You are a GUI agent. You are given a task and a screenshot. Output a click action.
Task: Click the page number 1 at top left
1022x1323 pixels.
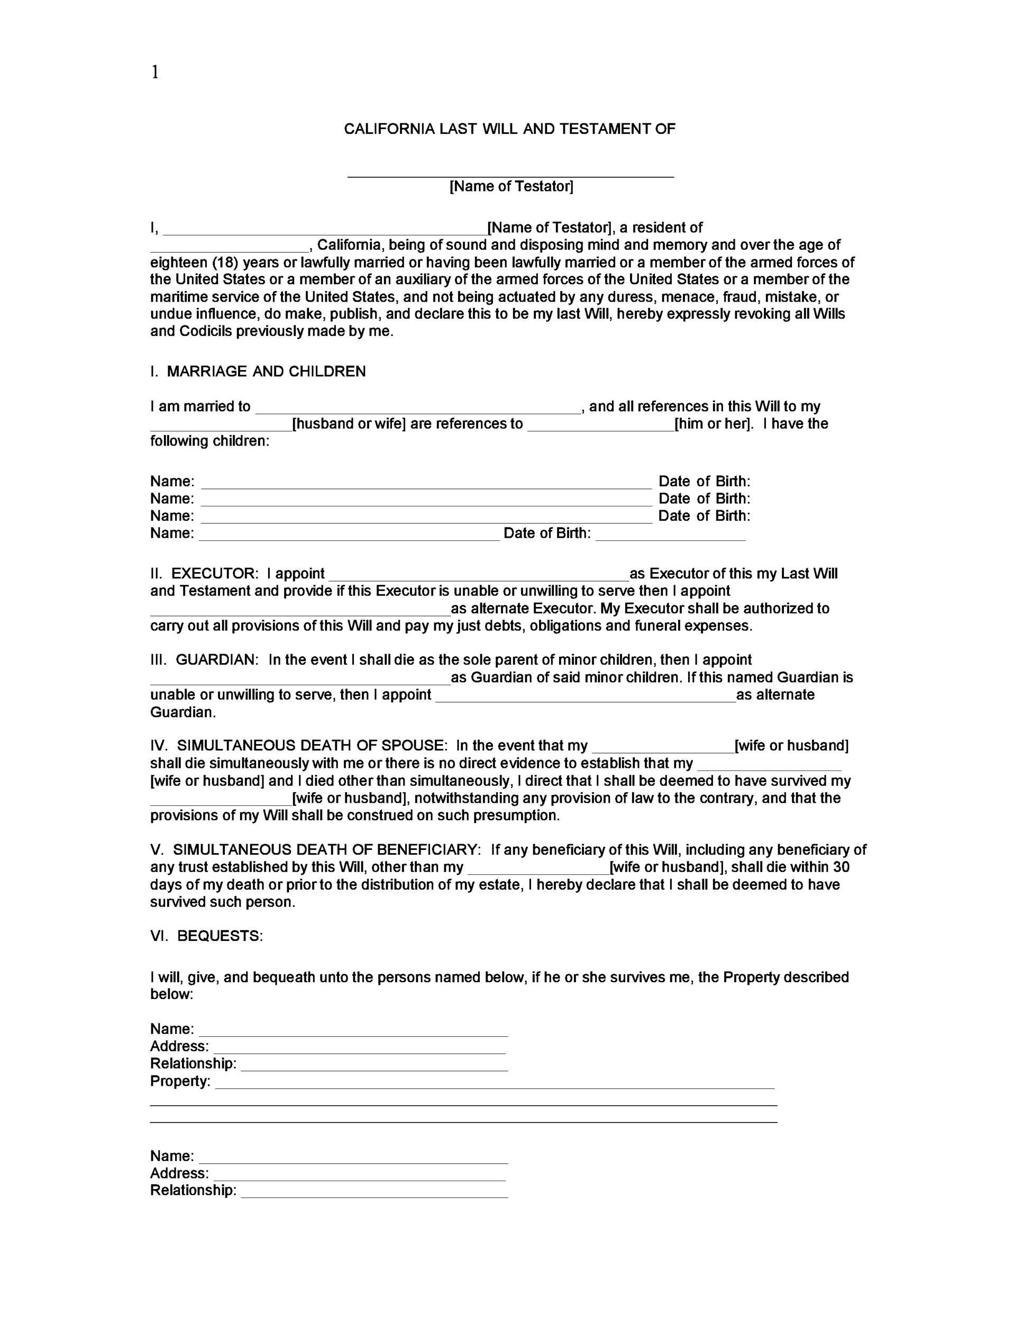click(155, 73)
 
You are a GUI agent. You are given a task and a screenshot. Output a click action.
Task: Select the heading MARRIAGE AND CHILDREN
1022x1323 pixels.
click(267, 371)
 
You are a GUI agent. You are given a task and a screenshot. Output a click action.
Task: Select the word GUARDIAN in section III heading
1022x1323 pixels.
click(217, 660)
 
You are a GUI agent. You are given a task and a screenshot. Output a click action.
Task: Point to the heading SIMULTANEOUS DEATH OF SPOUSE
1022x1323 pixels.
click(312, 746)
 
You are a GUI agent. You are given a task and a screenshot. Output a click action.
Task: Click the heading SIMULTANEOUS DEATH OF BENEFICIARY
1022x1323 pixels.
click(327, 849)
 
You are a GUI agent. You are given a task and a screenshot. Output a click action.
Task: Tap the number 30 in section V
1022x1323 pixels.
click(841, 867)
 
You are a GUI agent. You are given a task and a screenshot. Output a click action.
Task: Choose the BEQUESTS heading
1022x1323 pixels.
click(220, 936)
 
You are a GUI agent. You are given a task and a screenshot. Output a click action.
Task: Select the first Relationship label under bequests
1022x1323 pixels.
click(193, 1063)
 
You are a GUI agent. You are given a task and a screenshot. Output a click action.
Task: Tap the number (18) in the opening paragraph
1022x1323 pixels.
click(225, 262)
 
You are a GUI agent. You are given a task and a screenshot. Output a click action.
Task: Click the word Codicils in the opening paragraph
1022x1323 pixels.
click(205, 331)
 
